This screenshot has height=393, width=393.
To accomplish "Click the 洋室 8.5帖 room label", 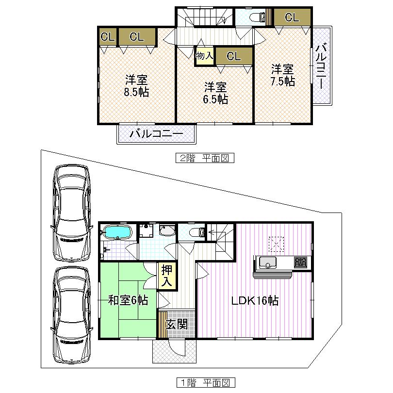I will [137, 86].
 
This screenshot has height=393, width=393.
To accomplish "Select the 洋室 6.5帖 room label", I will [215, 93].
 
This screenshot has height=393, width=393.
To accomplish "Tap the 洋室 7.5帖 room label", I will [282, 75].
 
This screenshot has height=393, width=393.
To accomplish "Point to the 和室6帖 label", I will [128, 300].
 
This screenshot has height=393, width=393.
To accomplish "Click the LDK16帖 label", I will [254, 300].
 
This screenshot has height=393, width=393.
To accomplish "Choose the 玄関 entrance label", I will [177, 325].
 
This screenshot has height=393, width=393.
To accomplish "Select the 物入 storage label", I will [204, 56].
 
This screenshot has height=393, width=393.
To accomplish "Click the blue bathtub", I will [118, 233].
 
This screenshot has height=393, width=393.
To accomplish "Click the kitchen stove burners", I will [300, 262].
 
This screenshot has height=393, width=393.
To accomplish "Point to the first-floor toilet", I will [193, 232].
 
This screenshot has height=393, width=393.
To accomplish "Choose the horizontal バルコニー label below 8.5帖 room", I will [156, 134].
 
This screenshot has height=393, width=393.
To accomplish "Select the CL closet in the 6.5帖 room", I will [234, 56].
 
